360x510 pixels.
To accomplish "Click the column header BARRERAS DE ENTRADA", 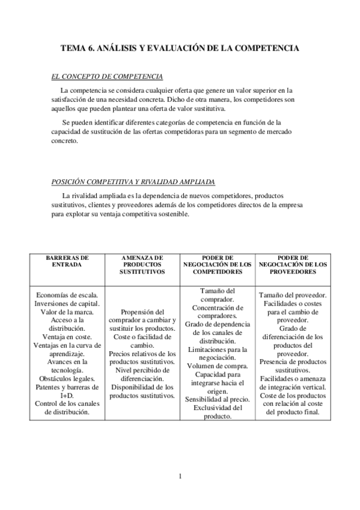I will click(x=67, y=260).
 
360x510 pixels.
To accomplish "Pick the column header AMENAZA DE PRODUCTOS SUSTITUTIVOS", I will click(x=142, y=263).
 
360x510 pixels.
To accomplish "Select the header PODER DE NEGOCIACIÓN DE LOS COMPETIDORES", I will click(x=218, y=263).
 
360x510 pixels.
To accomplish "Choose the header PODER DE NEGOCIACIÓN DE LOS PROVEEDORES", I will click(x=293, y=263).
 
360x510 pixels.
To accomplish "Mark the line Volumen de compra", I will click(x=217, y=366).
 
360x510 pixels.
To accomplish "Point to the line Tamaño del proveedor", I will click(x=293, y=295).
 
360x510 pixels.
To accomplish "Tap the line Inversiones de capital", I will click(x=67, y=304).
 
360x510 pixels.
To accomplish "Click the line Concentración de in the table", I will click(x=217, y=308).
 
